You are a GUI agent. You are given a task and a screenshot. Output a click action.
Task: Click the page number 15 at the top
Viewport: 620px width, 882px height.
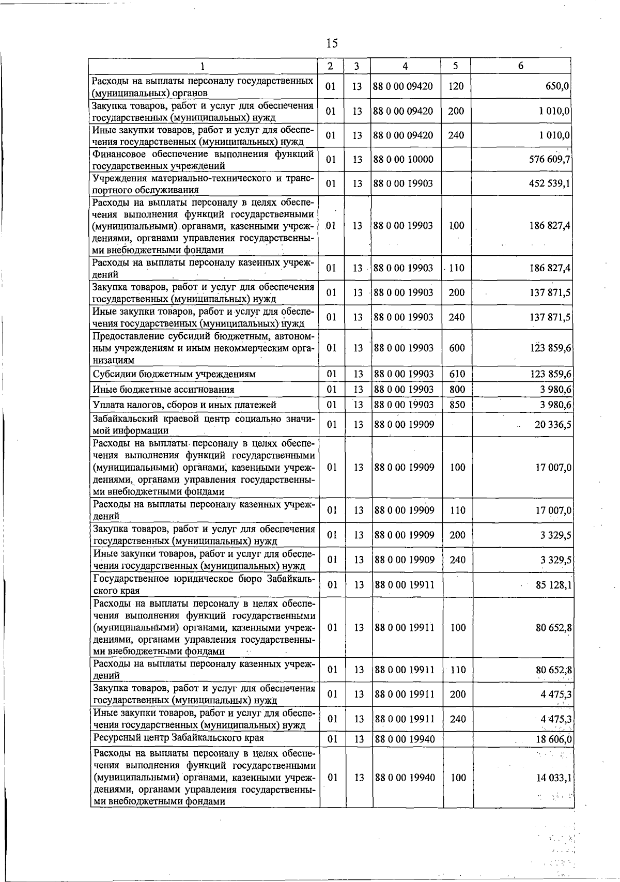pos(332,43)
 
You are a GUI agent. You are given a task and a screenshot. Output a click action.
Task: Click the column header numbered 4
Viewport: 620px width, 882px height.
pos(405,66)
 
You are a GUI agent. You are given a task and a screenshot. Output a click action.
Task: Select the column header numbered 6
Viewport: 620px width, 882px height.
pos(521,66)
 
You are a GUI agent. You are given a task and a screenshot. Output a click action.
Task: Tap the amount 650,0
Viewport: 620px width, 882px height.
pos(557,86)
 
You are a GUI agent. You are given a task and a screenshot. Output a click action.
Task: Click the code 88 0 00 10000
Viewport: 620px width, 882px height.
pos(404,160)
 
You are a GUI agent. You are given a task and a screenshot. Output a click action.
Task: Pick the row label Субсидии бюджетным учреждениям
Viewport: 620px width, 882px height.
pos(174,374)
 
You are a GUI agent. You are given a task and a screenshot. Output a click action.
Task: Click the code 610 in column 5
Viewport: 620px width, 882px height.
pos(457,374)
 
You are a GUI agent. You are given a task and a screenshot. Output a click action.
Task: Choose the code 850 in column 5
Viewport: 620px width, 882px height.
pos(457,405)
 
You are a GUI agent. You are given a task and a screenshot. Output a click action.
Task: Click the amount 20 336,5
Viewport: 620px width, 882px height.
pos(552,425)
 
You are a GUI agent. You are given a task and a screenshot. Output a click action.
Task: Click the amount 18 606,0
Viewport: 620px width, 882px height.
pos(553,739)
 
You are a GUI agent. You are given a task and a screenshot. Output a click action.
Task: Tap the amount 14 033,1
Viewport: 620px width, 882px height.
pos(553,778)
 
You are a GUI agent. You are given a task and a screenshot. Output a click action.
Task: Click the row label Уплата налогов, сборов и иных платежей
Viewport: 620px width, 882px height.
pos(184,405)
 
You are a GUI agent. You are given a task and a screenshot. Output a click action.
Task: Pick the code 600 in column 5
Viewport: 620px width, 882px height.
pos(457,348)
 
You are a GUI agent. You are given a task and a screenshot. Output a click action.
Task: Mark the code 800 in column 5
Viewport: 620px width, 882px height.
pos(457,390)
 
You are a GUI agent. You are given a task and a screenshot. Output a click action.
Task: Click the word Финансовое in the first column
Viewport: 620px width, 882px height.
pos(118,154)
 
